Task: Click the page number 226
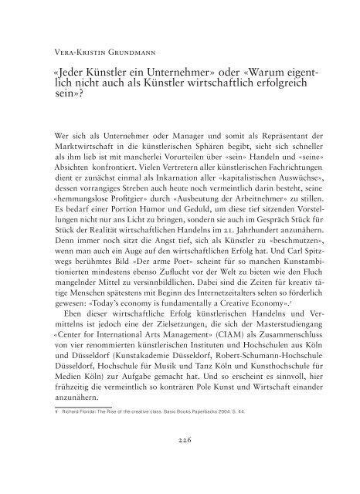pos(179,461)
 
